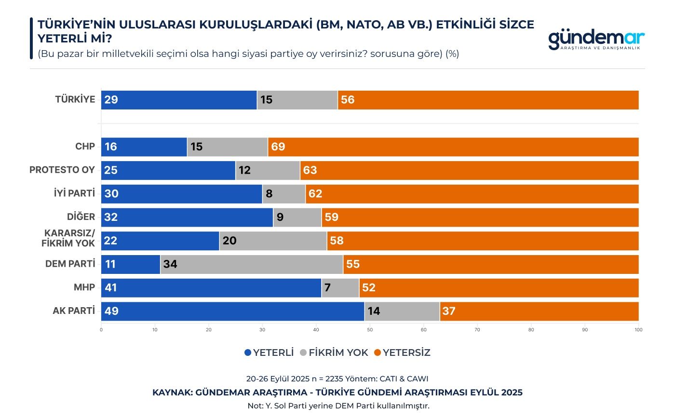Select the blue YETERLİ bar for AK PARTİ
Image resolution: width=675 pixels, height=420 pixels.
(x=232, y=311)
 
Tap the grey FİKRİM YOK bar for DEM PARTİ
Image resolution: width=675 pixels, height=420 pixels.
(x=251, y=264)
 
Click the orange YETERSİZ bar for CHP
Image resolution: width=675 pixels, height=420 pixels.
(x=453, y=147)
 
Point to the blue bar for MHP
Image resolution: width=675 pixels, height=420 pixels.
(x=211, y=288)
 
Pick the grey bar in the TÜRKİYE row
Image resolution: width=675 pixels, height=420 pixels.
(x=297, y=100)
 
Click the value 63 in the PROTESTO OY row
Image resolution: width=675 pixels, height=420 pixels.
(x=310, y=170)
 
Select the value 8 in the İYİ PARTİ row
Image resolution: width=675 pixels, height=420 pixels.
(x=269, y=194)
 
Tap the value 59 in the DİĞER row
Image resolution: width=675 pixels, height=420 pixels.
(x=332, y=217)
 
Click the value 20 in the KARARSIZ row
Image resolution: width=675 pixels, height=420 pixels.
(x=229, y=241)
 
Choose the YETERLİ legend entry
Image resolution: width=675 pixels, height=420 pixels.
(x=269, y=352)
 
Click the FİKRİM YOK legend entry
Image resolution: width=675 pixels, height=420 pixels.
(x=334, y=352)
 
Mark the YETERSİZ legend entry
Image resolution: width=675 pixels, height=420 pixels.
(x=402, y=352)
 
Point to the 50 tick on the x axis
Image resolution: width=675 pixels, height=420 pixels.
(x=370, y=330)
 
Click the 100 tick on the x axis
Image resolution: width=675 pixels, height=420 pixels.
(x=638, y=330)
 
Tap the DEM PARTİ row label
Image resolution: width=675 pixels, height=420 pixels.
(x=70, y=264)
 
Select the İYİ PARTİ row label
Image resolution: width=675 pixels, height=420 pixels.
(x=74, y=193)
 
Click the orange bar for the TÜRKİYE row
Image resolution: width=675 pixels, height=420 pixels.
(x=488, y=100)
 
